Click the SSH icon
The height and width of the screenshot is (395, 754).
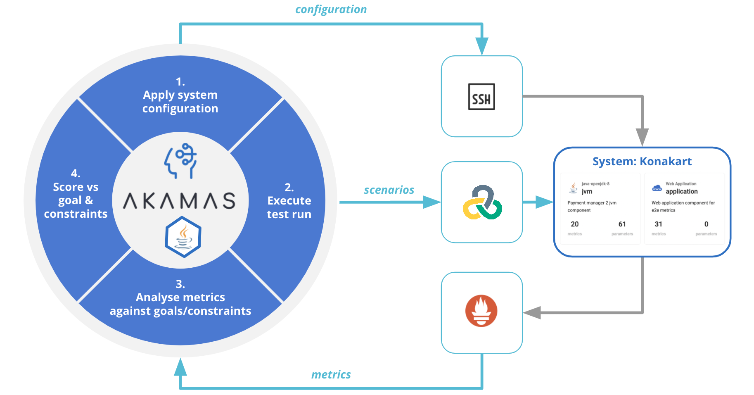(481, 97)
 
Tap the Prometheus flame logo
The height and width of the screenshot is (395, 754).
(481, 311)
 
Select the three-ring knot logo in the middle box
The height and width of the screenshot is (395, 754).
(482, 202)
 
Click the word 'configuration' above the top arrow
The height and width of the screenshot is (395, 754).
(331, 10)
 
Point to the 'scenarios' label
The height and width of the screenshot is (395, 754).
(389, 190)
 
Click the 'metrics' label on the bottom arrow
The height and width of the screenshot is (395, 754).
(331, 375)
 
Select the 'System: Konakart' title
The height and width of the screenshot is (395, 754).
(642, 162)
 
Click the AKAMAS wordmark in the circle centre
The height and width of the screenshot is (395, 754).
(180, 201)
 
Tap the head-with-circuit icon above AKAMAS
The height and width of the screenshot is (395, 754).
(180, 161)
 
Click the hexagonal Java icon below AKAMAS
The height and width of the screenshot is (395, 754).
(183, 237)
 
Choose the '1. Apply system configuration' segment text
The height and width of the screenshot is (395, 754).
(180, 95)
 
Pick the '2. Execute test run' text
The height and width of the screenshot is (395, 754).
(289, 201)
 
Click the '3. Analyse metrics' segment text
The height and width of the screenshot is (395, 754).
(180, 297)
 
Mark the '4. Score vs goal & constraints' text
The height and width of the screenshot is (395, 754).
(76, 194)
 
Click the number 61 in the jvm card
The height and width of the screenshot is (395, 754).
(622, 224)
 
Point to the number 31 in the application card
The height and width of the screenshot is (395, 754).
(658, 224)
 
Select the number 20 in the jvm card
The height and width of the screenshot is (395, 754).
(574, 224)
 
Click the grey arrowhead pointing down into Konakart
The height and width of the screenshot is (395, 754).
(642, 137)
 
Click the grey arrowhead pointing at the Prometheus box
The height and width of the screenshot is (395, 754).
(532, 313)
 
